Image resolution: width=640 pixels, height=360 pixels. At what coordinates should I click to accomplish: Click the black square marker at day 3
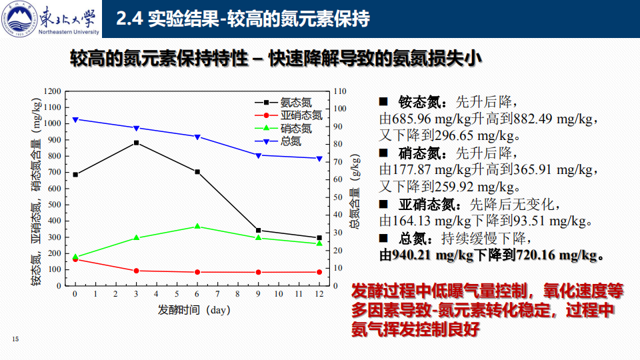(136, 143)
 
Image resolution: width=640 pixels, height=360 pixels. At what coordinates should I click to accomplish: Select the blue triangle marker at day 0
(75, 120)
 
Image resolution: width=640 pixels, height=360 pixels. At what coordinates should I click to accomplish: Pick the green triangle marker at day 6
(197, 227)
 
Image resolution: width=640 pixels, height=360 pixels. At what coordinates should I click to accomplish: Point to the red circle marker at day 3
(136, 271)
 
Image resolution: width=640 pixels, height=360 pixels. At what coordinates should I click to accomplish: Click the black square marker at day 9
(258, 231)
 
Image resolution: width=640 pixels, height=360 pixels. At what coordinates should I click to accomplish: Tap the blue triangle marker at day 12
(319, 159)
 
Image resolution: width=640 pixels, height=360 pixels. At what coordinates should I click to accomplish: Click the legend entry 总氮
(291, 141)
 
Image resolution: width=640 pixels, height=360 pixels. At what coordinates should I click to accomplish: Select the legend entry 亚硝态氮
(301, 115)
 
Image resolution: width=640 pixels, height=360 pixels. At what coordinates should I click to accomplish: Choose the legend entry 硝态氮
(295, 128)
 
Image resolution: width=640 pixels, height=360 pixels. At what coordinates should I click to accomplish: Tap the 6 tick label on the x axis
(197, 295)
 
